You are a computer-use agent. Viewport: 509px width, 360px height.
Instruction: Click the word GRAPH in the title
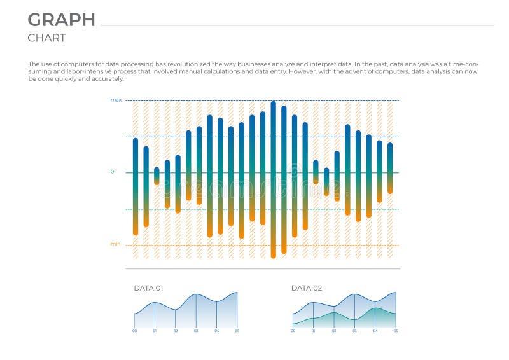[62, 20]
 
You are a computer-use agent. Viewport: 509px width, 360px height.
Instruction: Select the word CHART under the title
[46, 38]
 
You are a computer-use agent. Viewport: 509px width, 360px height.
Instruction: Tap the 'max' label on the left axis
[116, 100]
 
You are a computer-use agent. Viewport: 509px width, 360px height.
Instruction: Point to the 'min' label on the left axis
[115, 244]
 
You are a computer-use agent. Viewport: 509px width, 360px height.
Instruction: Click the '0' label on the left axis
[113, 172]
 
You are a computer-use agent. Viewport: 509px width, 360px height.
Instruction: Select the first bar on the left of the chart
[136, 186]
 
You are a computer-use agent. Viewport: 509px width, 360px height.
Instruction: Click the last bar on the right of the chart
[390, 168]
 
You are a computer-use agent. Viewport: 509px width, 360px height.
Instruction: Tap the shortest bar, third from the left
[157, 176]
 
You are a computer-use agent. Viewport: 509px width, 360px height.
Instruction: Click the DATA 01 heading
[148, 288]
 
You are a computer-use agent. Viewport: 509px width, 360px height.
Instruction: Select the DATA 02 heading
[307, 288]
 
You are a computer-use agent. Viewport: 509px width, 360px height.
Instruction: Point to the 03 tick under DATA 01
[196, 331]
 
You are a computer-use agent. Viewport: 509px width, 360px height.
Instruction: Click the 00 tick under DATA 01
[134, 331]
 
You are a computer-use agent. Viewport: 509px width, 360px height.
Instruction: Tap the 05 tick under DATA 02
[396, 331]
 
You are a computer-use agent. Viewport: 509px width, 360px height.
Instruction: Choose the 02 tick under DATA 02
[334, 331]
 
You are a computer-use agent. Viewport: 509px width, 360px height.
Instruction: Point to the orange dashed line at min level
[254, 246]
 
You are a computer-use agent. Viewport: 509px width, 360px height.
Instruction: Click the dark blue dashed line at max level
[254, 100]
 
